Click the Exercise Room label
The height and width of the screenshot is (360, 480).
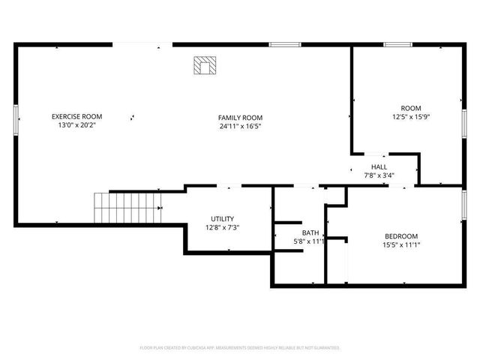click(x=76, y=116)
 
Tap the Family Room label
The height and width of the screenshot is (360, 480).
click(x=240, y=118)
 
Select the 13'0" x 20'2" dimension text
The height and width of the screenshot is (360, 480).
click(x=76, y=125)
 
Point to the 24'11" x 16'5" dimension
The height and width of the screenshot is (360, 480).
click(x=240, y=126)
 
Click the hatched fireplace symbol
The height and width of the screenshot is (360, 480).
click(x=203, y=66)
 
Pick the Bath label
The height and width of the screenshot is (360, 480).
click(x=310, y=232)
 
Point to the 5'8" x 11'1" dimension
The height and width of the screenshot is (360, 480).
click(x=308, y=241)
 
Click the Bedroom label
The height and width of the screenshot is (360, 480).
click(x=401, y=235)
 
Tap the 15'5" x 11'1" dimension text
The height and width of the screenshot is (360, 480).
click(x=401, y=244)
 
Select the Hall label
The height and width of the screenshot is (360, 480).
click(x=379, y=166)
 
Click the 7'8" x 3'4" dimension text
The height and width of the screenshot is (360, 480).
click(x=379, y=175)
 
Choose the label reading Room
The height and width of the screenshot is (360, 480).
click(x=411, y=108)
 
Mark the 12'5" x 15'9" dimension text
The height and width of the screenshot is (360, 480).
click(x=411, y=117)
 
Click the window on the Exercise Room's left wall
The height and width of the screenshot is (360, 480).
click(x=16, y=120)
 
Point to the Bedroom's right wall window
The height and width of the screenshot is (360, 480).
click(x=463, y=202)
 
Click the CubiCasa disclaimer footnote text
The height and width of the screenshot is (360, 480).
click(x=240, y=348)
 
